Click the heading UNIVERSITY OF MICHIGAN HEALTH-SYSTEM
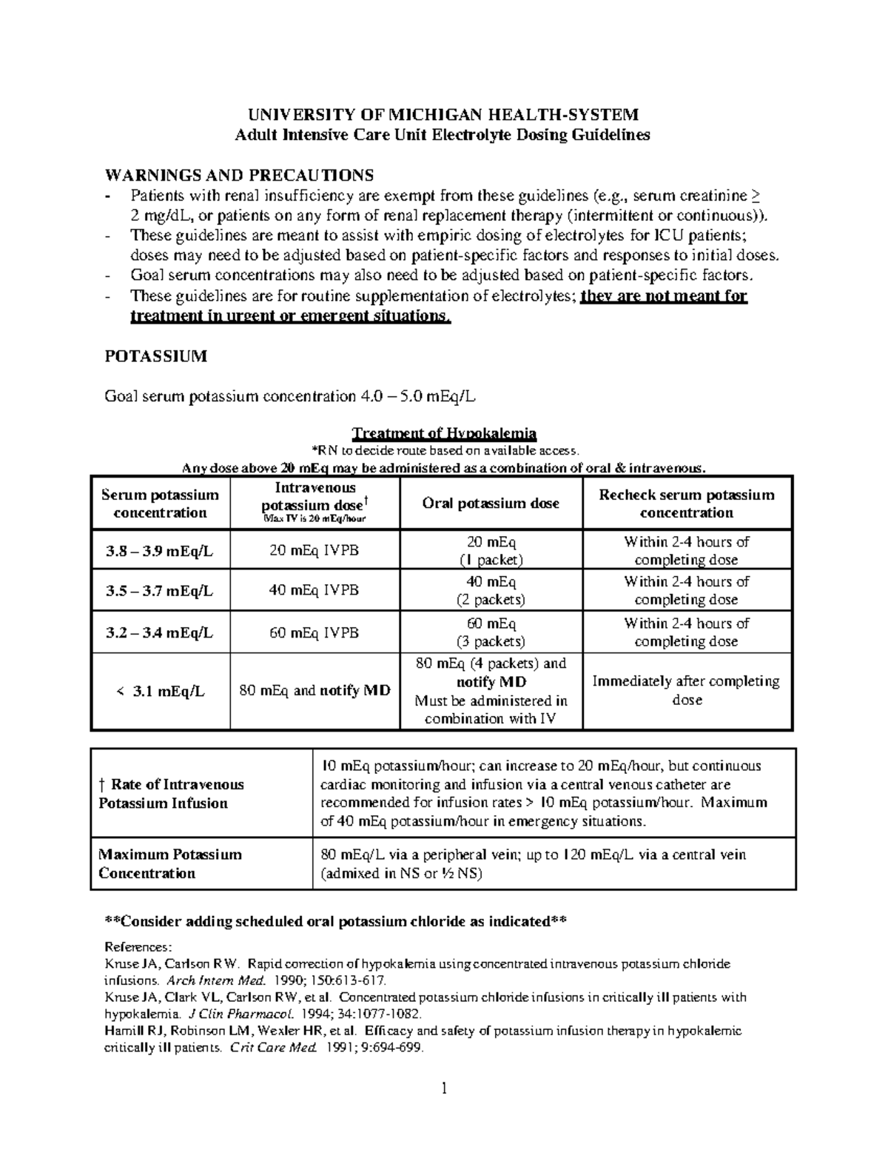click(443, 115)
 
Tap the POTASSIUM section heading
click(156, 356)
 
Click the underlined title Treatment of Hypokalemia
click(444, 433)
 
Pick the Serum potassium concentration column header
click(161, 504)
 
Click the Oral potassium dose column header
click(491, 504)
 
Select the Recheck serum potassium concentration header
click(687, 504)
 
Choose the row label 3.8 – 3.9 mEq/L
click(161, 550)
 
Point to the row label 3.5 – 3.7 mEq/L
click(161, 590)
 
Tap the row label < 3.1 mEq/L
click(161, 692)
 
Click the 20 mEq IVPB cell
click(314, 550)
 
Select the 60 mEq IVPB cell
click(314, 632)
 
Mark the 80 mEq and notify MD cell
click(314, 692)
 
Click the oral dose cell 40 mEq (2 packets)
click(491, 590)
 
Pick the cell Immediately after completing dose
click(687, 690)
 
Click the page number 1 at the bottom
click(444, 1089)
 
